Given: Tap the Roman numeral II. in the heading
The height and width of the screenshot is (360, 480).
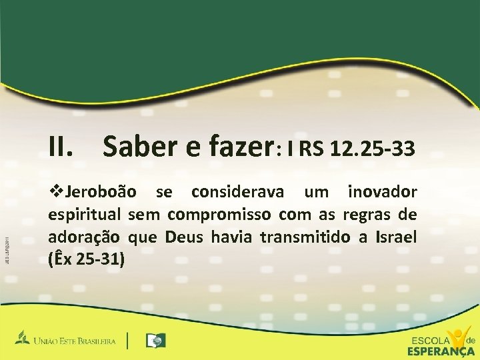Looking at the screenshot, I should pyautogui.click(x=64, y=145).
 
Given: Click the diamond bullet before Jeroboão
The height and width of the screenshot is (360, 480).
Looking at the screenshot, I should pyautogui.click(x=56, y=193).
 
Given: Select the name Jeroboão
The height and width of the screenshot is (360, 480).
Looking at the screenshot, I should pyautogui.click(x=100, y=193).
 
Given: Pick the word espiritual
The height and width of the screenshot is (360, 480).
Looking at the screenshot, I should pyautogui.click(x=84, y=215).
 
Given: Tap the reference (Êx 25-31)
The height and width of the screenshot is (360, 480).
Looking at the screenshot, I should pyautogui.click(x=87, y=259).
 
